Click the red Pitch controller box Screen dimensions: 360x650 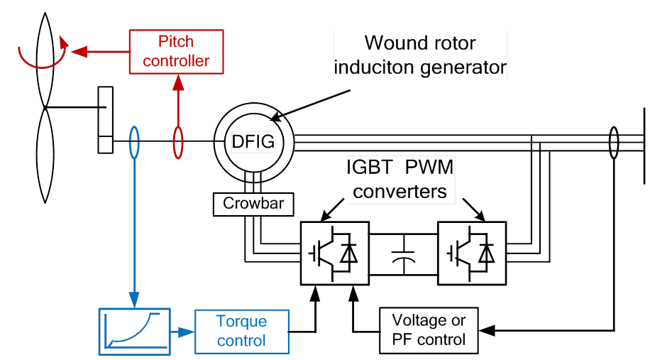click(177, 51)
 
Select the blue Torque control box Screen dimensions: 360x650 click(242, 331)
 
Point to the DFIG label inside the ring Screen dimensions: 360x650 click(253, 141)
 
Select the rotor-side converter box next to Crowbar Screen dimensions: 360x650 click(334, 254)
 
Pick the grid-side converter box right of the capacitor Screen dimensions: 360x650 click(471, 254)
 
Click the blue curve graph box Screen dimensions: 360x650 click(134, 332)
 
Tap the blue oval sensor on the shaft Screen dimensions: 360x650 click(134, 141)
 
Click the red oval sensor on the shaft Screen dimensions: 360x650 click(178, 141)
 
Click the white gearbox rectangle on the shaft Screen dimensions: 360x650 click(105, 119)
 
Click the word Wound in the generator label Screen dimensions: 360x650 click(392, 43)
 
